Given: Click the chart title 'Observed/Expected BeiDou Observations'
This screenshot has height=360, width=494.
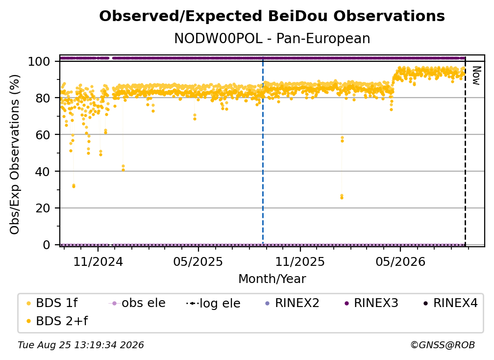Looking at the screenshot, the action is [272, 16].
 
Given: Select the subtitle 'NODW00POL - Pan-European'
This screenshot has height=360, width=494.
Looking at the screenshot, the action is [272, 38].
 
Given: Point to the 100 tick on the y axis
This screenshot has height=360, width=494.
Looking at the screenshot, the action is [39, 61].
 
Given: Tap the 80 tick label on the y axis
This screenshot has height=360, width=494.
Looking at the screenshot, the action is [43, 98].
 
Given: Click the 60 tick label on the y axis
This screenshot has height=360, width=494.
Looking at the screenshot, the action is [43, 134].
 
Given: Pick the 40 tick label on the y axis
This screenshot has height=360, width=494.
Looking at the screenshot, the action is [43, 172].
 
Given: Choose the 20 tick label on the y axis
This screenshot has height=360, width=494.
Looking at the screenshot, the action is [43, 208].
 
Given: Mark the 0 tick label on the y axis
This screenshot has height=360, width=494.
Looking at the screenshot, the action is [46, 245].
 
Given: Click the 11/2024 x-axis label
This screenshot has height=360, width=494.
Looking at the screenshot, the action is [98, 261].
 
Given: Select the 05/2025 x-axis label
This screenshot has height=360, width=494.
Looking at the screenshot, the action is [198, 261].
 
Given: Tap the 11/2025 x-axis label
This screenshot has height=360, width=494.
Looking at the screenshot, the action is [300, 261].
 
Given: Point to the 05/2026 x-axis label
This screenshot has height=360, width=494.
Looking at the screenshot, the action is [400, 261].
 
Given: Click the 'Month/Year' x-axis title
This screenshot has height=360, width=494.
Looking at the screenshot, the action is [272, 279].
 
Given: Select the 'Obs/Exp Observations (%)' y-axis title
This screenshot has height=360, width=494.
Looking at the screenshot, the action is [15, 154].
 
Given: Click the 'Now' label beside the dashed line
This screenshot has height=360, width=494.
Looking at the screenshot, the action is [476, 76].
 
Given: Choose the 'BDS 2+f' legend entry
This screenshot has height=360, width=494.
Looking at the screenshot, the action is [57, 321].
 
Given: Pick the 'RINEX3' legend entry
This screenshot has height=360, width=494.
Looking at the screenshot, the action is [372, 303].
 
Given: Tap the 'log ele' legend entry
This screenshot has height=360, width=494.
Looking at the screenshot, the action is [214, 303].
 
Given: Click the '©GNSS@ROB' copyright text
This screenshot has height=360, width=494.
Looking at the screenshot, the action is [443, 345].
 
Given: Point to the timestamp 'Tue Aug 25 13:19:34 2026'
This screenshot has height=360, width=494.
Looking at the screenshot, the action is [81, 345].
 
